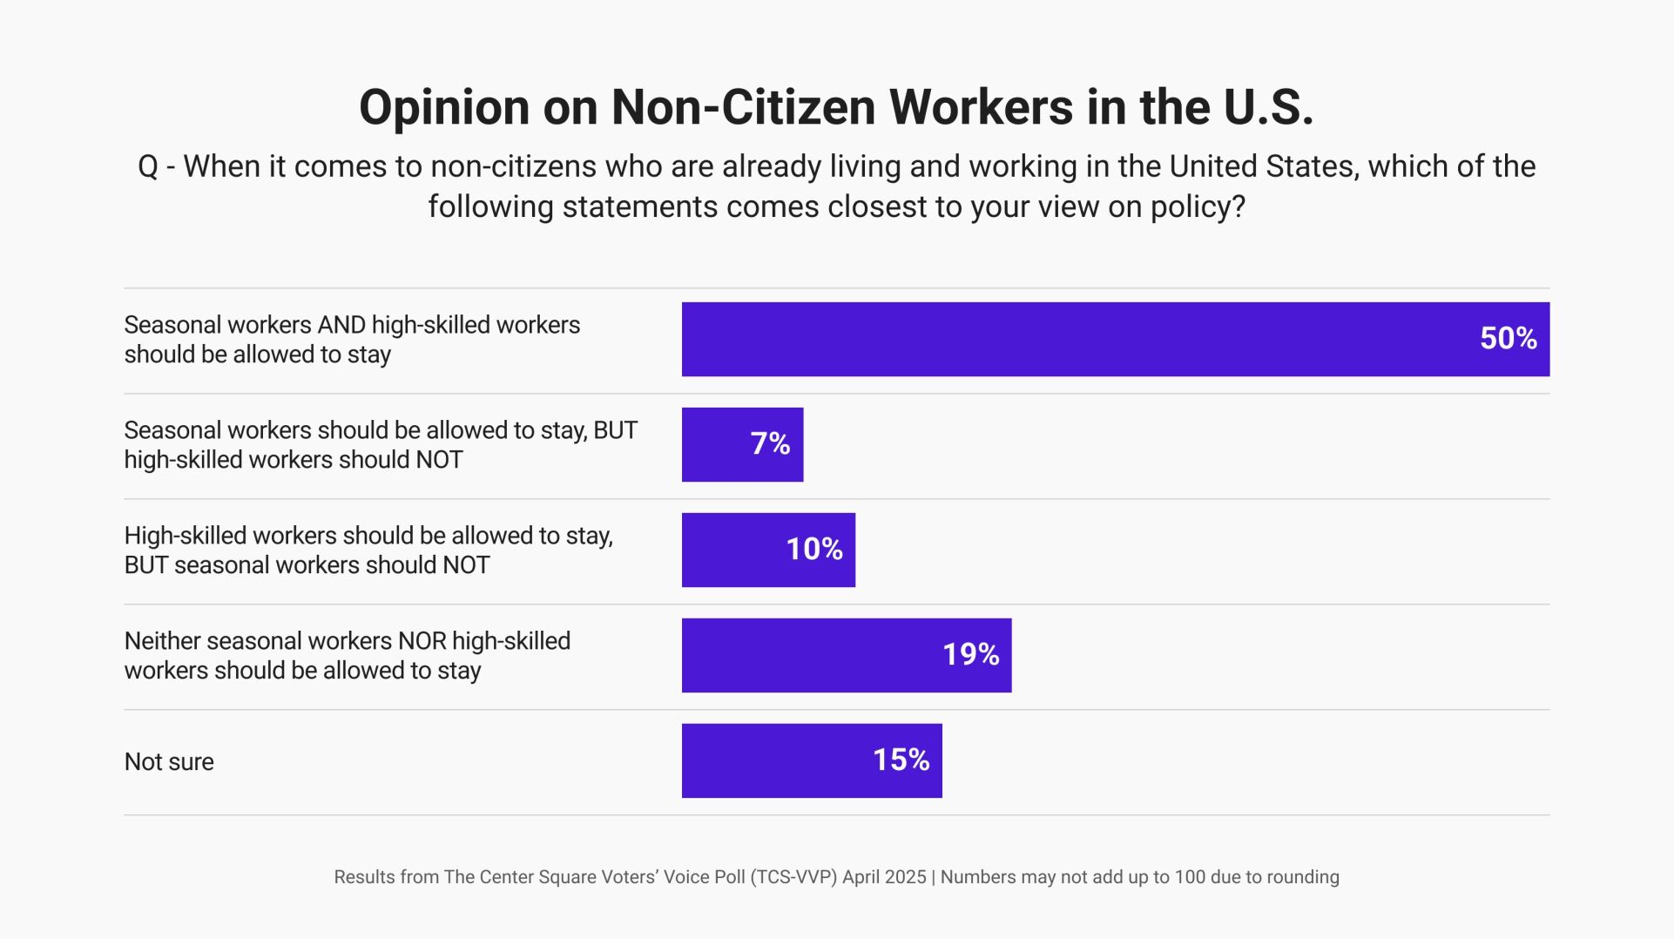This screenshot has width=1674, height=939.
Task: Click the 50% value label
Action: tap(1508, 339)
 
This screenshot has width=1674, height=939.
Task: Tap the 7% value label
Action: tap(770, 444)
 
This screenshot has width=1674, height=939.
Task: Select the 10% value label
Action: tap(813, 550)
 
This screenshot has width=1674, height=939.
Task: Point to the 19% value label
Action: tap(970, 655)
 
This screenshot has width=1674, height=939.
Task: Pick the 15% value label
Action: tap(901, 760)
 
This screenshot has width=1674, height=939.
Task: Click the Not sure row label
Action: tap(169, 762)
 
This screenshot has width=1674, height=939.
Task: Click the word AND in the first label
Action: tap(341, 325)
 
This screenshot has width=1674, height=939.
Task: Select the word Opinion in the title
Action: tap(444, 108)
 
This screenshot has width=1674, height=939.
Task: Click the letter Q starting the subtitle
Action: tap(148, 166)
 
